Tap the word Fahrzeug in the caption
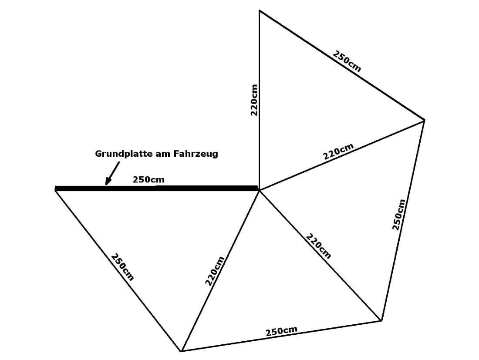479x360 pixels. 196,154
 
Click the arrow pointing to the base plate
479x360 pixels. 112,173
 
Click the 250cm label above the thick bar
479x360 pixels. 148,179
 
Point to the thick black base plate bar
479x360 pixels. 156,188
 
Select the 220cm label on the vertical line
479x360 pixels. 254,100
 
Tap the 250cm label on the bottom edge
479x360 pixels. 281,331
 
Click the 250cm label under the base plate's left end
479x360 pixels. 122,267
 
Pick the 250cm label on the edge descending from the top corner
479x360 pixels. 347,61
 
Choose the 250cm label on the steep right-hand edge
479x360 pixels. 398,215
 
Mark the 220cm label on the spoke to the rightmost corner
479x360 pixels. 338,151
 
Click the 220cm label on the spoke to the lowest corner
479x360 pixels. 215,271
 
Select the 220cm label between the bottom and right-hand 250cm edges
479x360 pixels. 318,246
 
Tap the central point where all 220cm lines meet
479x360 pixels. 259,190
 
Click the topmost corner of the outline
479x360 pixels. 260,10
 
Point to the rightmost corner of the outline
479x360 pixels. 424,120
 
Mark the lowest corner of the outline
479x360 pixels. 181,351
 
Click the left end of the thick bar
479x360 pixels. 55,188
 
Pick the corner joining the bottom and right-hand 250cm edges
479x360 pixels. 381,321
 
